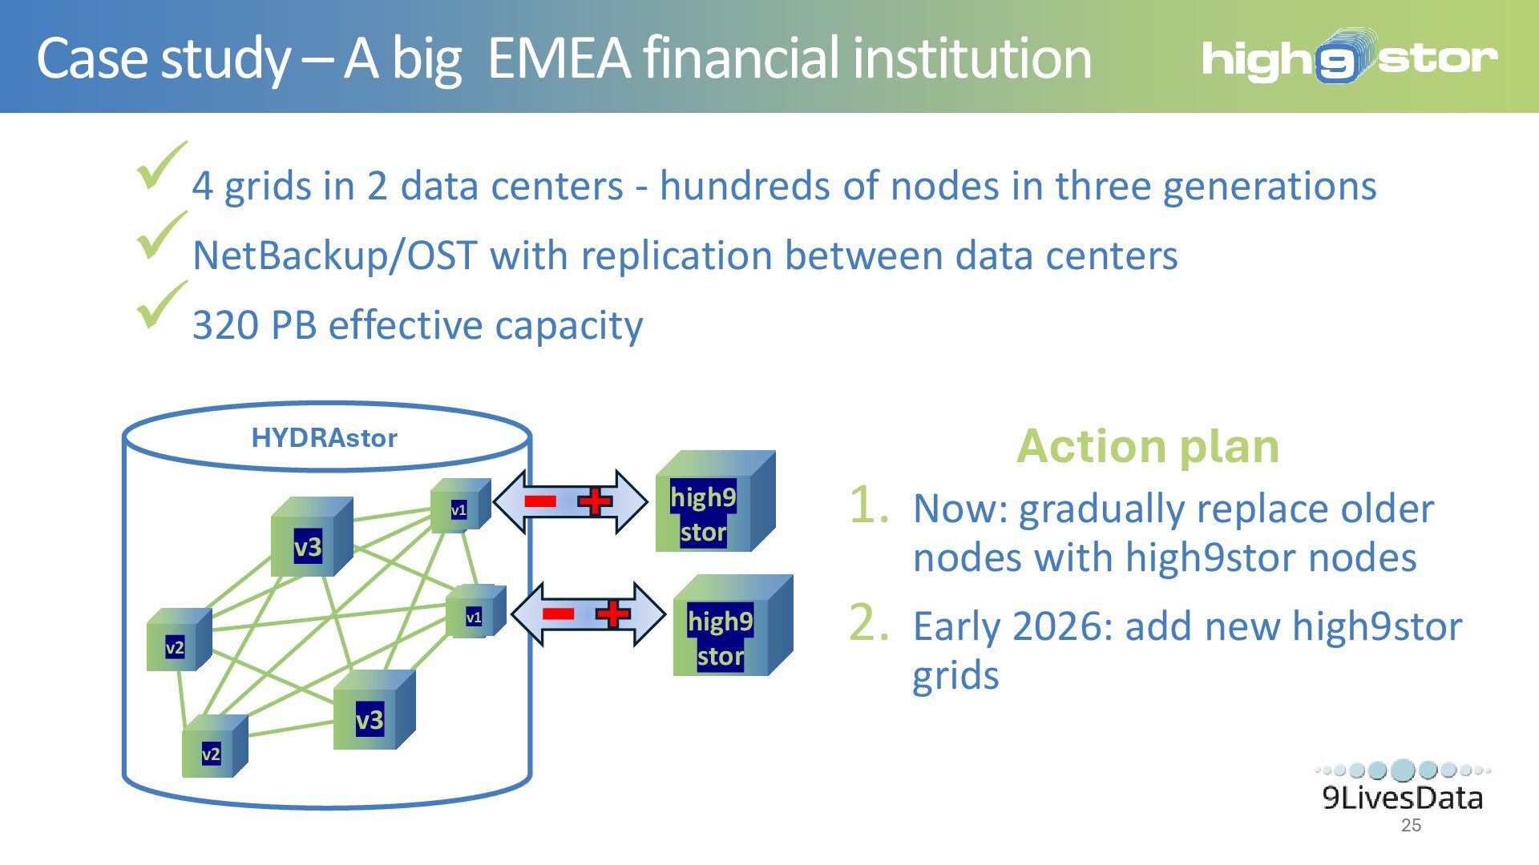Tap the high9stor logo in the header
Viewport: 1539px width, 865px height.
point(1349,58)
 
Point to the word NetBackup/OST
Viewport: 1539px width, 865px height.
point(335,256)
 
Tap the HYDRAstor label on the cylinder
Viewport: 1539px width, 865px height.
point(324,438)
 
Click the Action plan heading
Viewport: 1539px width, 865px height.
point(1147,446)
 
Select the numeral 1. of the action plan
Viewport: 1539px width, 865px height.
point(868,506)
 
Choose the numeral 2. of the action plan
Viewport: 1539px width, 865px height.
point(868,623)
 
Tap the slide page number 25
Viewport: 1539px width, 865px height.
point(1411,826)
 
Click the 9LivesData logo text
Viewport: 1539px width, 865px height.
point(1402,798)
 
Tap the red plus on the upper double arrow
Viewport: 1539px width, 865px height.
point(594,502)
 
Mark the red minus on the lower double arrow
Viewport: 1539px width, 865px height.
point(558,614)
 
